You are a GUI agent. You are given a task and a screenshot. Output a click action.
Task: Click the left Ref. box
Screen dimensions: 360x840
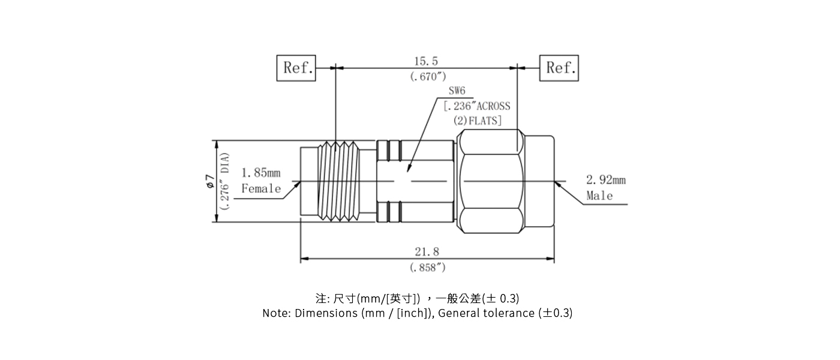coord(296,68)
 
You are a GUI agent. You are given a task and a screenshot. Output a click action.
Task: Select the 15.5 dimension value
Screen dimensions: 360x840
coord(426,61)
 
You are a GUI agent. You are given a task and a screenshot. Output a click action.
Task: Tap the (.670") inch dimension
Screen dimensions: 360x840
coord(428,76)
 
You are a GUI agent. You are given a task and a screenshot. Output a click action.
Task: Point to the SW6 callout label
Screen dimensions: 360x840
coord(457,91)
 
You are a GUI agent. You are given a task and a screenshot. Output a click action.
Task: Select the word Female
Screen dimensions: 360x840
coord(261,189)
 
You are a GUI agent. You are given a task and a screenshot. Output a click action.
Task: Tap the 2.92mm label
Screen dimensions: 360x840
coord(605,179)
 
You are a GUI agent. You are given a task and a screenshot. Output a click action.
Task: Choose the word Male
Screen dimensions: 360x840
coord(599,196)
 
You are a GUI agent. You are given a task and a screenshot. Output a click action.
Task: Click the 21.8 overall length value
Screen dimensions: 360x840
coord(427,253)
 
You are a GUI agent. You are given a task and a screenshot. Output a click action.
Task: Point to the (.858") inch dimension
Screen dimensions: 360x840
coord(428,268)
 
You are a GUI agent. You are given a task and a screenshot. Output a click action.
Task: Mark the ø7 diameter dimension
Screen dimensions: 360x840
coord(209,181)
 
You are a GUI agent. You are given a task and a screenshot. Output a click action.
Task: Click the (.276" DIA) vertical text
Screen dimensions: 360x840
coord(224,181)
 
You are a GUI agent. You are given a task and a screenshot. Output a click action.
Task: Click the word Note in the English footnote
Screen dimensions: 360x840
coord(275,313)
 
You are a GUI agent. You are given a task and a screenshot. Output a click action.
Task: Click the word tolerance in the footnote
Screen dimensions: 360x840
coord(509,313)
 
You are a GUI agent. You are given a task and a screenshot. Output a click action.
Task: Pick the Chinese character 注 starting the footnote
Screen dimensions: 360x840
coord(320,298)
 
